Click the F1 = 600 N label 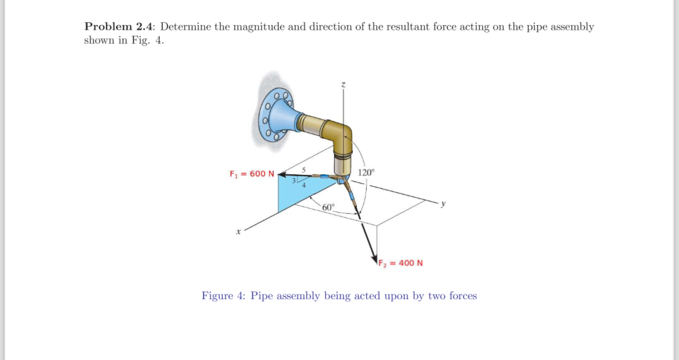click(x=252, y=174)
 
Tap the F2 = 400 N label click(x=400, y=262)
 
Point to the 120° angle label click(x=367, y=172)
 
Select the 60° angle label click(x=328, y=207)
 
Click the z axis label click(x=344, y=85)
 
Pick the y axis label click(x=443, y=203)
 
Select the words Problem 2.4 click(x=120, y=27)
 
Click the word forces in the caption click(x=463, y=296)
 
